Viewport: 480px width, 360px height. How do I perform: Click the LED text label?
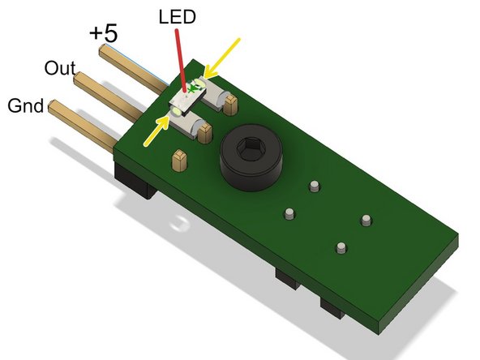pyautogui.click(x=176, y=16)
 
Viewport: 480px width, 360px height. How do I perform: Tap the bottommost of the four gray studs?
pyautogui.click(x=341, y=246)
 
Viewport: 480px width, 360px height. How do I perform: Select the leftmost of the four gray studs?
pyautogui.click(x=289, y=214)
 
